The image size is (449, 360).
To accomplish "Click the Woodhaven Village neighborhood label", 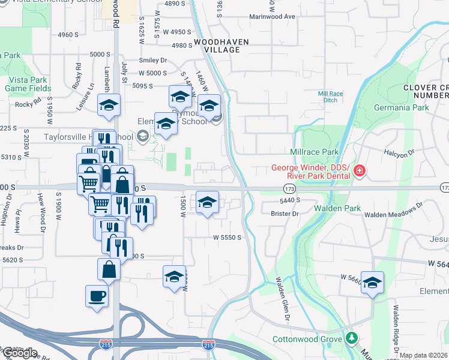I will pyautogui.click(x=217, y=47).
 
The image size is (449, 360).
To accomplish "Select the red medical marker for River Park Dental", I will pyautogui.click(x=360, y=172).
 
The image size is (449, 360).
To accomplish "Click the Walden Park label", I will pyautogui.click(x=337, y=208).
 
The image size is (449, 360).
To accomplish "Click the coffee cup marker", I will pyautogui.click(x=97, y=296).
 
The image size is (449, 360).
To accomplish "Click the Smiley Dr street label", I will pyautogui.click(x=152, y=60).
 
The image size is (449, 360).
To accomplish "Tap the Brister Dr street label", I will pyautogui.click(x=285, y=214).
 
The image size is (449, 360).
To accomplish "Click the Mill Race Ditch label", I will pyautogui.click(x=330, y=97).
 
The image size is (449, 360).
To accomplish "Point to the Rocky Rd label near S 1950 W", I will pyautogui.click(x=27, y=104).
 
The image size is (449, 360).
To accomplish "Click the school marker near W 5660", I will pyautogui.click(x=372, y=283).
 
